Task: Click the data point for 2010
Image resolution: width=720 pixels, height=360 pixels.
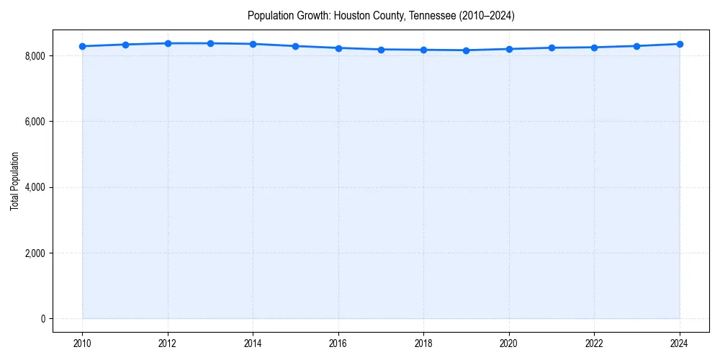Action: point(83,46)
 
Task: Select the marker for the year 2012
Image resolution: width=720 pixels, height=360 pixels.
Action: point(168,43)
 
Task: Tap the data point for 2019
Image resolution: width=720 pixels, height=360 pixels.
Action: point(467,50)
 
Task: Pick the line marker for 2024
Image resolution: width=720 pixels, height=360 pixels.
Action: point(680,44)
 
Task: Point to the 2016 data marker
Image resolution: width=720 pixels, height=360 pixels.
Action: point(338,48)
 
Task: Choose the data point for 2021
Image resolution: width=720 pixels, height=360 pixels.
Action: point(552,48)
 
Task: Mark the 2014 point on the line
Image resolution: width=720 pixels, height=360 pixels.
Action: point(253,44)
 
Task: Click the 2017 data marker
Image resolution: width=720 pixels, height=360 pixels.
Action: point(381,50)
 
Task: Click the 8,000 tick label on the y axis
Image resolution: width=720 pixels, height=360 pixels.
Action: point(34,56)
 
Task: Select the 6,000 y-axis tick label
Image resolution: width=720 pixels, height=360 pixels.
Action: point(34,122)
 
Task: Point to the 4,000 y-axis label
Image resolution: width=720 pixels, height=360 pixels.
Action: point(34,187)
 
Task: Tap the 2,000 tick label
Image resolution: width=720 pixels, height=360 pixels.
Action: point(34,253)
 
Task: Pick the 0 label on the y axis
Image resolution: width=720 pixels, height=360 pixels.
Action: point(42,319)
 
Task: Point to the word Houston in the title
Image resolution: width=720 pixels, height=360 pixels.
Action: point(351,15)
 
